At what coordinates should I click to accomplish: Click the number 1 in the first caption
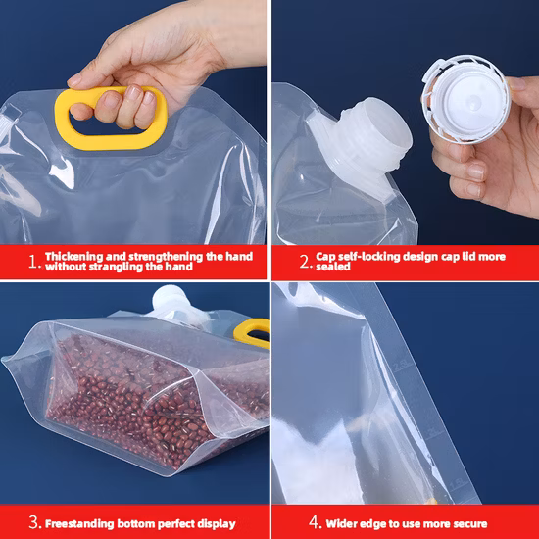pyautogui.click(x=33, y=261)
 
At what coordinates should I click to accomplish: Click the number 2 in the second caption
pyautogui.click(x=304, y=261)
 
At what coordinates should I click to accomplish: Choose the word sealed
pyautogui.click(x=334, y=267)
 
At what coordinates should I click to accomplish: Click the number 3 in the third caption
pyautogui.click(x=33, y=522)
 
